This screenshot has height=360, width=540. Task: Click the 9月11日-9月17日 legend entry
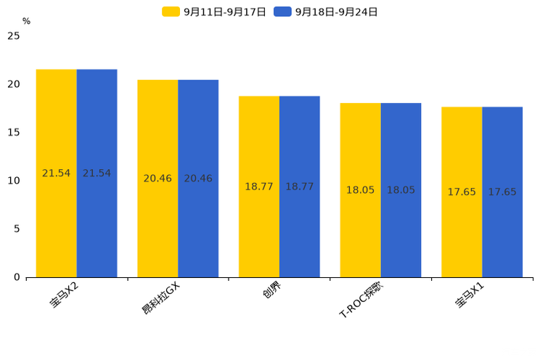[214, 12]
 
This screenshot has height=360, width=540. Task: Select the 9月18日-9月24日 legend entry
[327, 12]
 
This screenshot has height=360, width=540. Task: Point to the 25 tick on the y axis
[14, 36]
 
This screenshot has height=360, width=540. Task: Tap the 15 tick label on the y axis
[14, 132]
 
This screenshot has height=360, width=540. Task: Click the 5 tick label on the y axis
[17, 229]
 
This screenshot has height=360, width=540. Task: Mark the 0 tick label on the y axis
[17, 277]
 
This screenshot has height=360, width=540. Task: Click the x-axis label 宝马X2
[65, 296]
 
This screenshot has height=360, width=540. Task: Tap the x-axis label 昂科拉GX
[161, 298]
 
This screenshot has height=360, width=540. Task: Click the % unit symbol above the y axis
[26, 21]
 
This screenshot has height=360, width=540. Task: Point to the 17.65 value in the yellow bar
[462, 192]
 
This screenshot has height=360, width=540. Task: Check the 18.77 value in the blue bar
[299, 187]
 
